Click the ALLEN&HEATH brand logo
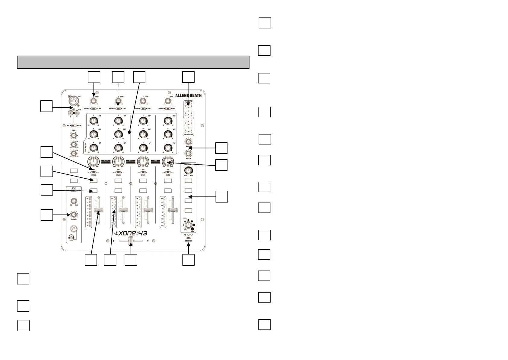188,96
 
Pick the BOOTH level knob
188,154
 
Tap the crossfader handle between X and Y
131,241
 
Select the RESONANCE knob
188,170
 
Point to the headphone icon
71,237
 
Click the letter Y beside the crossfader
148,241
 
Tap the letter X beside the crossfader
114,241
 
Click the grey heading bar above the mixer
133,62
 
